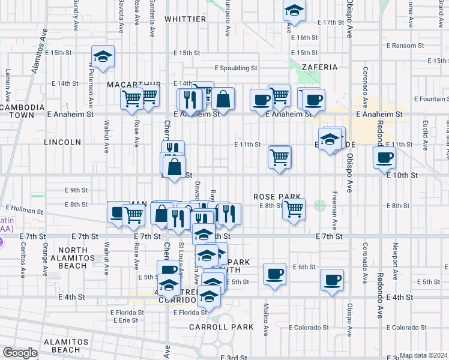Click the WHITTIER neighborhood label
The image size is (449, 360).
[x=184, y=19]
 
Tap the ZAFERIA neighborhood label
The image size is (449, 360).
[x=320, y=67]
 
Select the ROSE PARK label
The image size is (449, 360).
[x=277, y=196]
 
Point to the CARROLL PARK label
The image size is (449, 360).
[x=221, y=327]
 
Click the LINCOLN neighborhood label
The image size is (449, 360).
[x=62, y=142]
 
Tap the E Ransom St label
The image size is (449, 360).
[x=406, y=46]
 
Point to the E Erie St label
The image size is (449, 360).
[x=125, y=320]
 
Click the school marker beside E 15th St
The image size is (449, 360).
[x=103, y=58]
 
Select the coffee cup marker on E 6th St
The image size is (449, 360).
[x=275, y=274]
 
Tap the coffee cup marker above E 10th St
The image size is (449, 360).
[x=384, y=158]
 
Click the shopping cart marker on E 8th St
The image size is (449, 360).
[x=293, y=209]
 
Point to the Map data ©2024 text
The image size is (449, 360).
[x=423, y=355]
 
